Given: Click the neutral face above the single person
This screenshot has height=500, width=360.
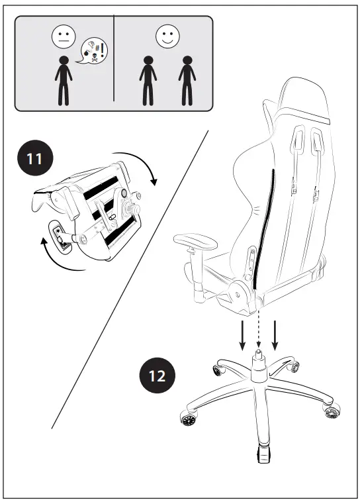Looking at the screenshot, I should (64, 37).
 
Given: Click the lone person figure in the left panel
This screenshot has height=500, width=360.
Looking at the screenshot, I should (64, 81).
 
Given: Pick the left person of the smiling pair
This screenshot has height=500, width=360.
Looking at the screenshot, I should (146, 81).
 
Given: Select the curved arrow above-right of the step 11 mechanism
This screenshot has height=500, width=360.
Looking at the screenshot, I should (146, 165).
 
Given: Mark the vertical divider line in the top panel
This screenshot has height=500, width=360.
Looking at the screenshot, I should (114, 63).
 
